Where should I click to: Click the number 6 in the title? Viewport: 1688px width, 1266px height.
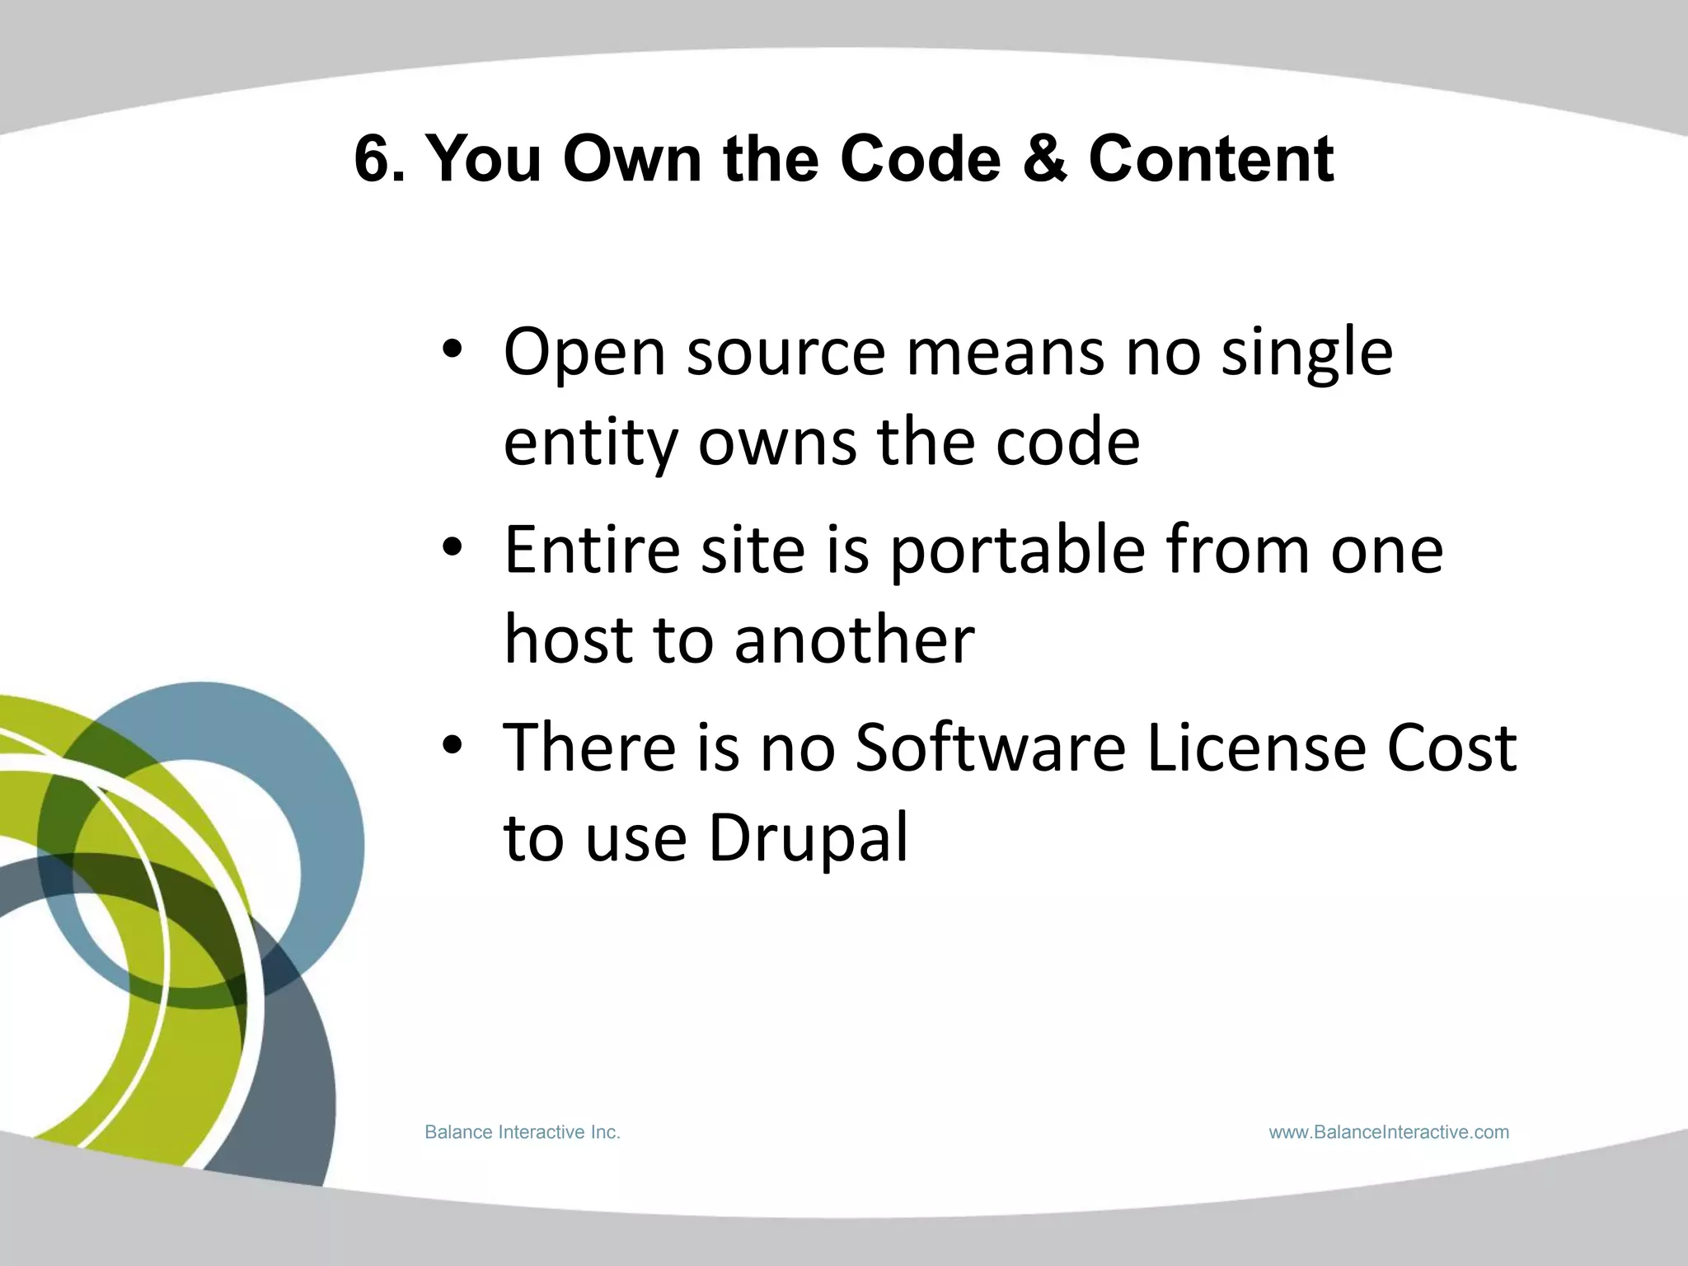373,158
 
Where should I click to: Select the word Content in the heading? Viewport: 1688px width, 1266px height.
1211,158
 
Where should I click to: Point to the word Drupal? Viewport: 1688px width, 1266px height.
808,838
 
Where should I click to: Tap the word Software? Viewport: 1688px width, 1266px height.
990,747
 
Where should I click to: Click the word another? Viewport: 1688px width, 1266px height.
854,640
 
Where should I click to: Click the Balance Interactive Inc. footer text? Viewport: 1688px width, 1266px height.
522,1132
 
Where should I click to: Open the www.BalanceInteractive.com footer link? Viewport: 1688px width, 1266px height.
1389,1132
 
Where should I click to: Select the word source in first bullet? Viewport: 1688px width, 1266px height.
786,353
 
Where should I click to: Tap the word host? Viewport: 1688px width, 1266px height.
567,640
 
